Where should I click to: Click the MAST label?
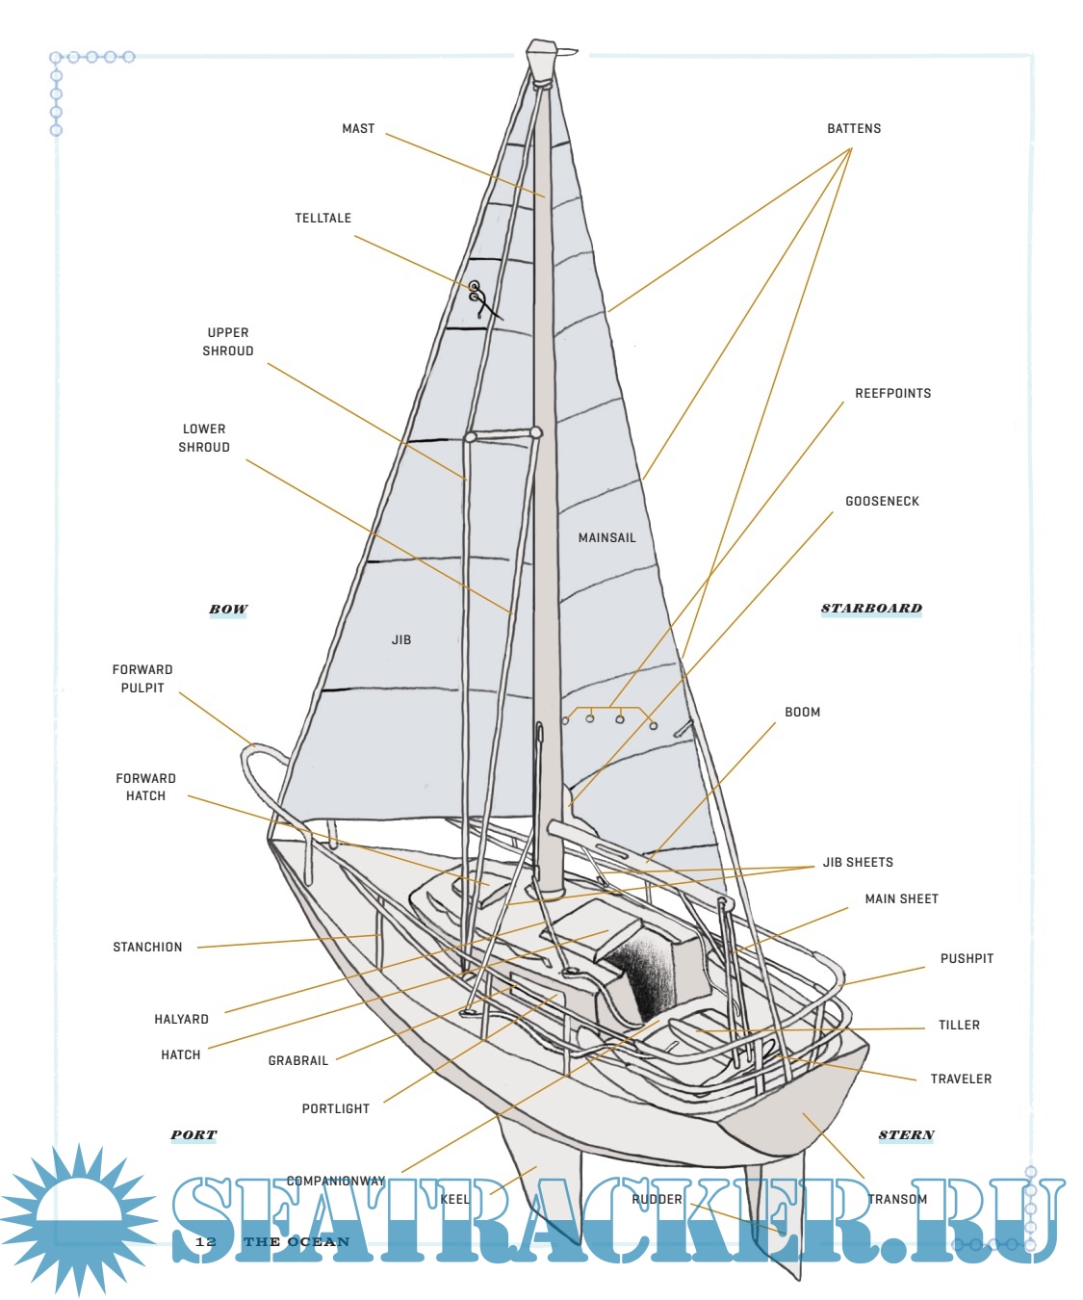(358, 128)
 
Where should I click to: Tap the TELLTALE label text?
(322, 219)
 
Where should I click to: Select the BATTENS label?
(854, 128)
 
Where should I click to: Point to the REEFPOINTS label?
(892, 393)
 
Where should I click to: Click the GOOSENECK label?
(882, 501)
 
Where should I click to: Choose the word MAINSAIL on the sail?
(606, 537)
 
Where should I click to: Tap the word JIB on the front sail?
(401, 639)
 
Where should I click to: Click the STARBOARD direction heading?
(871, 609)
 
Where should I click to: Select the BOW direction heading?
(228, 610)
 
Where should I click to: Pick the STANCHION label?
(147, 948)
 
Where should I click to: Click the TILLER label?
(959, 1026)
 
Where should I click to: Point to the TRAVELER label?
(961, 1079)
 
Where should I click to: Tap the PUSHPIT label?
(967, 959)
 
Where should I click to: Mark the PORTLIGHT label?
(336, 1109)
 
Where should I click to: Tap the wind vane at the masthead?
(566, 52)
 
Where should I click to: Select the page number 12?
(206, 1242)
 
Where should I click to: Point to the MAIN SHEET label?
(901, 899)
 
